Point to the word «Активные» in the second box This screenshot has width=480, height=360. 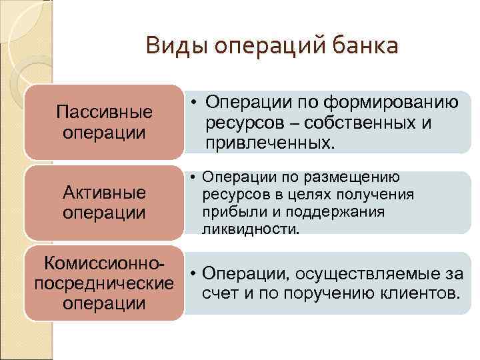click(x=104, y=194)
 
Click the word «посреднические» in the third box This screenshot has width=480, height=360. click(x=104, y=282)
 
